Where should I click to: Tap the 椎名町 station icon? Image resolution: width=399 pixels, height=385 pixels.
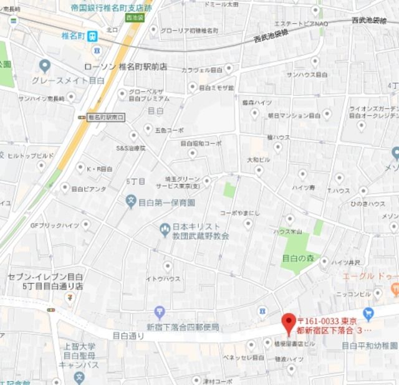click(92, 36)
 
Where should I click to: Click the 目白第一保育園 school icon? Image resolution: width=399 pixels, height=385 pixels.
click(131, 202)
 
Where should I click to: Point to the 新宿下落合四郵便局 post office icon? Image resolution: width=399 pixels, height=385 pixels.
click(160, 311)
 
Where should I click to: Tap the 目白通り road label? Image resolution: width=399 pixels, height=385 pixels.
click(128, 335)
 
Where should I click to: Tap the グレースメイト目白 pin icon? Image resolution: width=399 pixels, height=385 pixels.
click(44, 65)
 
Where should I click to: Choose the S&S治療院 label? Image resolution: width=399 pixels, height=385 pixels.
click(131, 148)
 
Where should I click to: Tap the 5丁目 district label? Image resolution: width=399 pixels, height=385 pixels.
click(136, 181)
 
